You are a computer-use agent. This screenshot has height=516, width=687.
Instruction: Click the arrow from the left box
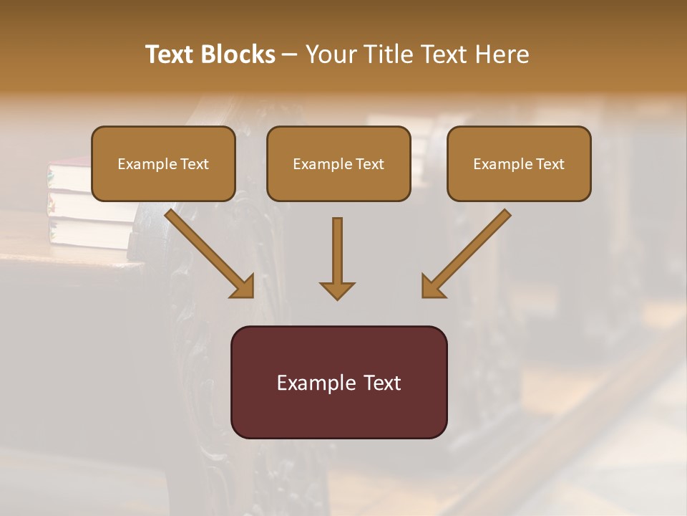[x=208, y=252]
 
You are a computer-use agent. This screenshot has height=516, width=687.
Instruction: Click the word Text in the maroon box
[x=383, y=383]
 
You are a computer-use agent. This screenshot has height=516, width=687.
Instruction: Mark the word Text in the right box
[x=550, y=164]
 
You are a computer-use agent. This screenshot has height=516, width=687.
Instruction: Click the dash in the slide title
[x=291, y=54]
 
